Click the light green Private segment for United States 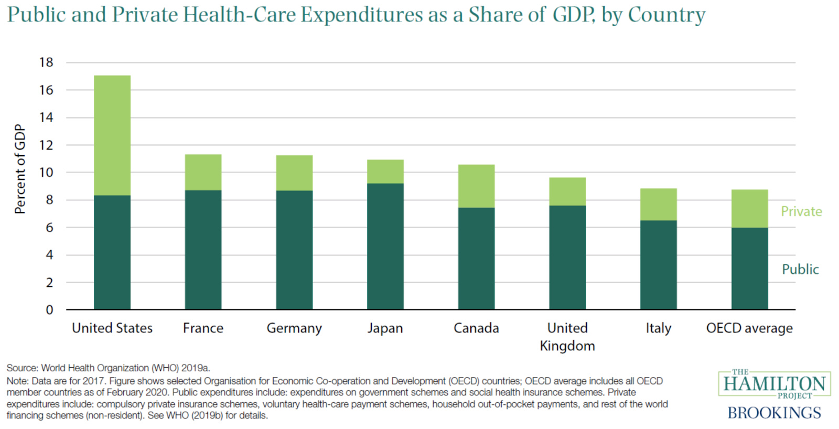click(112, 135)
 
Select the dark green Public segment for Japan click(385, 246)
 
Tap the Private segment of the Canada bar click(476, 186)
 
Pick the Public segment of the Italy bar click(658, 265)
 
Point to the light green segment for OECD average click(749, 209)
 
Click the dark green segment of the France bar click(203, 250)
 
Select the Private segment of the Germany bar click(294, 173)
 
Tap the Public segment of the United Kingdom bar click(567, 257)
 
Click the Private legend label click(801, 211)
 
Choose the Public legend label click(800, 269)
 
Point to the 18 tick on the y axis click(46, 62)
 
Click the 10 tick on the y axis click(46, 173)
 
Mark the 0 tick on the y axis click(49, 310)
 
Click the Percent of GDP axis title click(20, 169)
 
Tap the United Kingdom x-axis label click(567, 337)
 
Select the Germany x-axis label click(294, 328)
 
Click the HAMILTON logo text click(774, 384)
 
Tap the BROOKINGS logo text click(774, 413)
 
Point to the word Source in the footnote click(22, 368)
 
